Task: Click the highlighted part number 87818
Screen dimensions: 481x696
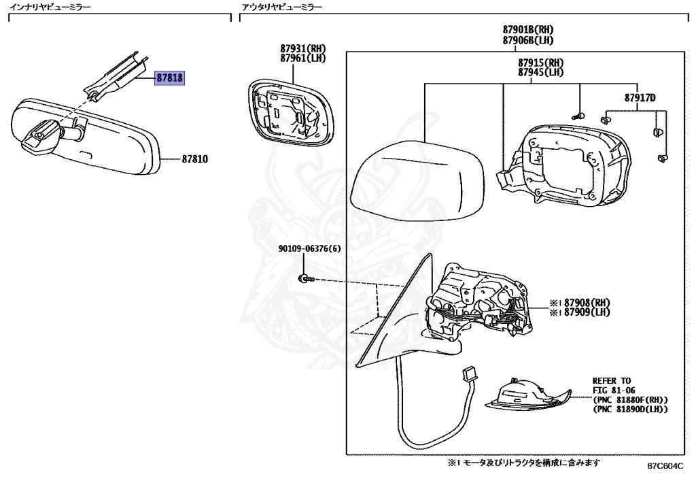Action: [x=170, y=78]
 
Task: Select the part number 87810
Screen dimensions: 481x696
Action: [x=194, y=159]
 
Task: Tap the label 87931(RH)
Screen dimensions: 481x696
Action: [x=303, y=48]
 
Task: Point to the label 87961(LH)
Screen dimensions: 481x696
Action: [x=303, y=58]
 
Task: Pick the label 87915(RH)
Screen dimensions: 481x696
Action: [x=541, y=62]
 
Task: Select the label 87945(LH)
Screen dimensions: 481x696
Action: [x=541, y=71]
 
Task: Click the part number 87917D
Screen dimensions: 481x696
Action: [x=640, y=98]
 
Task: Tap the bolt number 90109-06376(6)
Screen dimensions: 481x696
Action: [x=309, y=248]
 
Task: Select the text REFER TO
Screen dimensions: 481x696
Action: [x=612, y=381]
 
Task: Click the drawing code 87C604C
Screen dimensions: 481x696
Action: [x=665, y=467]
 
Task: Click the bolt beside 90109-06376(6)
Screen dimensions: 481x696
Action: [x=305, y=278]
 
